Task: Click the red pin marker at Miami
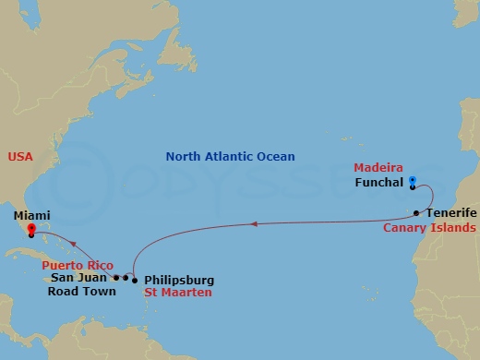coord(30,229)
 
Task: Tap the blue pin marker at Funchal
coord(412,182)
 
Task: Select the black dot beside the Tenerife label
coord(417,213)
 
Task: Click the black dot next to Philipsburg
coord(135,280)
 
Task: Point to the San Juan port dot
coord(115,277)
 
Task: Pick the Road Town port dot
coord(125,277)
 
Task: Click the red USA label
coord(19,157)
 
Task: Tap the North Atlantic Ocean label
coord(230,157)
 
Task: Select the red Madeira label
coord(378,168)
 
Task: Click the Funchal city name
coord(378,183)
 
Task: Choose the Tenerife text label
coord(451,212)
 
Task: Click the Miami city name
coord(32,214)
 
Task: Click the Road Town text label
coord(82,292)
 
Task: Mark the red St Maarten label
coord(178,293)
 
